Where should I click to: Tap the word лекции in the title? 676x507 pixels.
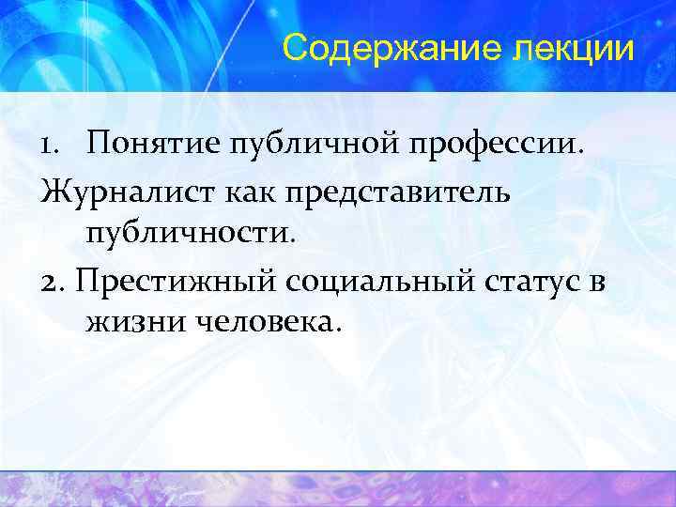[x=575, y=47]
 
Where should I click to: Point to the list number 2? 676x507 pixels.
[x=54, y=279]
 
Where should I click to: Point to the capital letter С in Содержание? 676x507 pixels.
[x=297, y=47]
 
